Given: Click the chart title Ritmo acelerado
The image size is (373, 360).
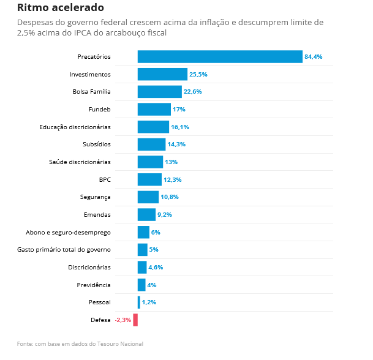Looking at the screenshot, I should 60,8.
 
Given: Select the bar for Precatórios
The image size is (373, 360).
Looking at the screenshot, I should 220,57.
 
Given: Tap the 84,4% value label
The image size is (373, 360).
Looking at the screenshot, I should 313,57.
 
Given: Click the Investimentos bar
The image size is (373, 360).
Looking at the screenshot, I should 162,74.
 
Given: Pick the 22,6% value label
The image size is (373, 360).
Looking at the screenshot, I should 192,92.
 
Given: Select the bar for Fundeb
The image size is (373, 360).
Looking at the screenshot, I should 154,110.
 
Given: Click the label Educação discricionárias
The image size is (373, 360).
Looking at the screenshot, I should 75,127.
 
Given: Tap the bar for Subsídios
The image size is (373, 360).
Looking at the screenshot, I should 151,144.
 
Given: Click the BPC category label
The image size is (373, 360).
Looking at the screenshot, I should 105,180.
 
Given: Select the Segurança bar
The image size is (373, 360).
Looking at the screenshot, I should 148,197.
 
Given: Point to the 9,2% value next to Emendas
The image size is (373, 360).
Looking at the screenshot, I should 164,215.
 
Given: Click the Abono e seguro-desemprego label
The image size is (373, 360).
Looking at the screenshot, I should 68,233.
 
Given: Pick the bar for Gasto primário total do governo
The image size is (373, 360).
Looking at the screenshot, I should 142,250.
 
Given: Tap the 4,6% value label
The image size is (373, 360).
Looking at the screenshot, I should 156,268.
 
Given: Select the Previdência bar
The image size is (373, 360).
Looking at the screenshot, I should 141,285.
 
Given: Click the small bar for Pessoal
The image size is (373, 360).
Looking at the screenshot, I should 139,302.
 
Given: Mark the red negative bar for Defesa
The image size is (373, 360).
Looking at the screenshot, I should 135,320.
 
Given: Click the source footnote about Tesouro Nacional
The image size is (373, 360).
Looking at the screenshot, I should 80,344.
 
